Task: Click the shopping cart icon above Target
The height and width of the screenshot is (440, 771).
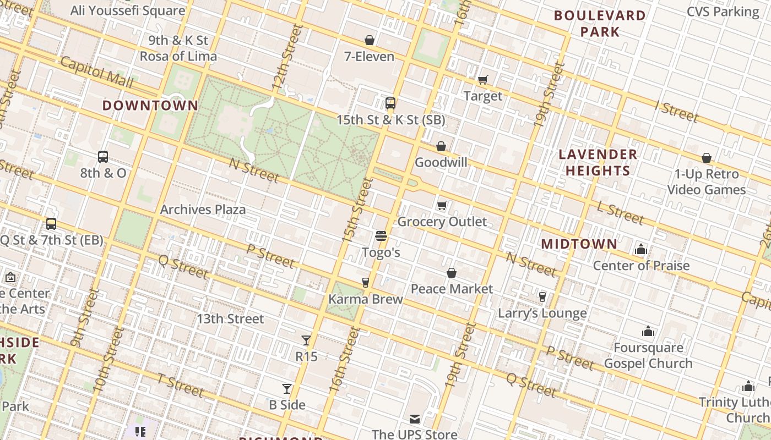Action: (483, 80)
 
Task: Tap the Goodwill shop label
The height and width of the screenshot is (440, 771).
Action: (441, 162)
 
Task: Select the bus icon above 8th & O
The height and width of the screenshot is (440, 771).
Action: (103, 157)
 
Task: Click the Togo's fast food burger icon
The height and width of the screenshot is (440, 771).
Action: (381, 237)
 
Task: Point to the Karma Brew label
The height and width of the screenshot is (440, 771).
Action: (366, 299)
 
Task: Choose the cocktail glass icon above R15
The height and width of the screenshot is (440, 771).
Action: (306, 340)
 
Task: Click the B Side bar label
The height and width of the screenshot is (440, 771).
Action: (287, 405)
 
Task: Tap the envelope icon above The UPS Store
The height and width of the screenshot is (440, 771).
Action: (414, 419)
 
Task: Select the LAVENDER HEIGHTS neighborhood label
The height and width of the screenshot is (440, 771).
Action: (598, 162)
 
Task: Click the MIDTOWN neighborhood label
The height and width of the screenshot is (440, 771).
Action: (579, 244)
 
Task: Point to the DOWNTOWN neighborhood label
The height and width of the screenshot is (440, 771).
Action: (150, 106)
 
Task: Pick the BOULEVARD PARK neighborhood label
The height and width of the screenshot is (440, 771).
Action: (600, 24)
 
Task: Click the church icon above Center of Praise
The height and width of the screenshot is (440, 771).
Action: (640, 250)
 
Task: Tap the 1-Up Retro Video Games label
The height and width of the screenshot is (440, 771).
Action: (707, 182)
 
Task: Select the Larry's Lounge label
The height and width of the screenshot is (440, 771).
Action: (542, 313)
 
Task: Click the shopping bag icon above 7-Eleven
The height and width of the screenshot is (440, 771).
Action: (370, 40)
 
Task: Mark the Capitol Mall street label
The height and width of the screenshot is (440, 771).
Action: (97, 72)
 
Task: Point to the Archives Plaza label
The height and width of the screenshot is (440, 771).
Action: (203, 210)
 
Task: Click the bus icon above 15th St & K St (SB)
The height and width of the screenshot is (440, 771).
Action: (390, 103)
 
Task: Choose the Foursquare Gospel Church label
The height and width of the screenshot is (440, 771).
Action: (648, 355)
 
